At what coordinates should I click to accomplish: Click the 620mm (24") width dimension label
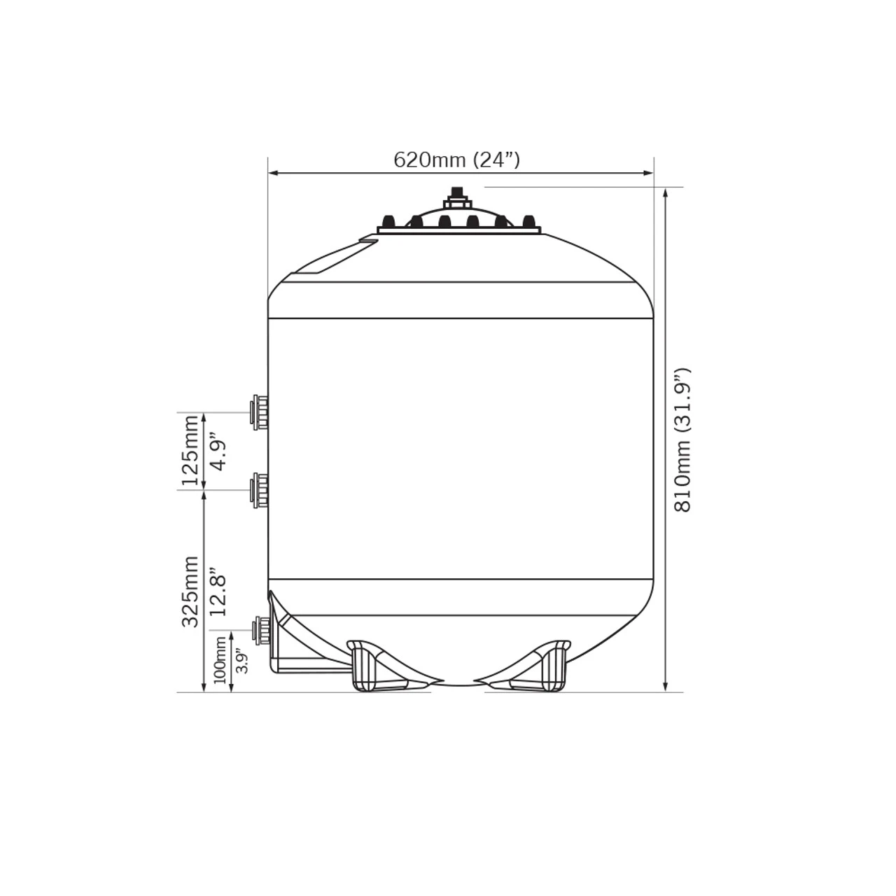tap(456, 160)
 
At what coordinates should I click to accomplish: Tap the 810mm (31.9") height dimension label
tap(682, 440)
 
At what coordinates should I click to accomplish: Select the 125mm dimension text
tap(190, 450)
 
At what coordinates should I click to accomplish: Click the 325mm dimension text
tap(190, 591)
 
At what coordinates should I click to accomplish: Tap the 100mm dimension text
tap(220, 663)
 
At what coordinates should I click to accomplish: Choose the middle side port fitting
tap(260, 489)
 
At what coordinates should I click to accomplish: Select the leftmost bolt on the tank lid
tap(389, 222)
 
